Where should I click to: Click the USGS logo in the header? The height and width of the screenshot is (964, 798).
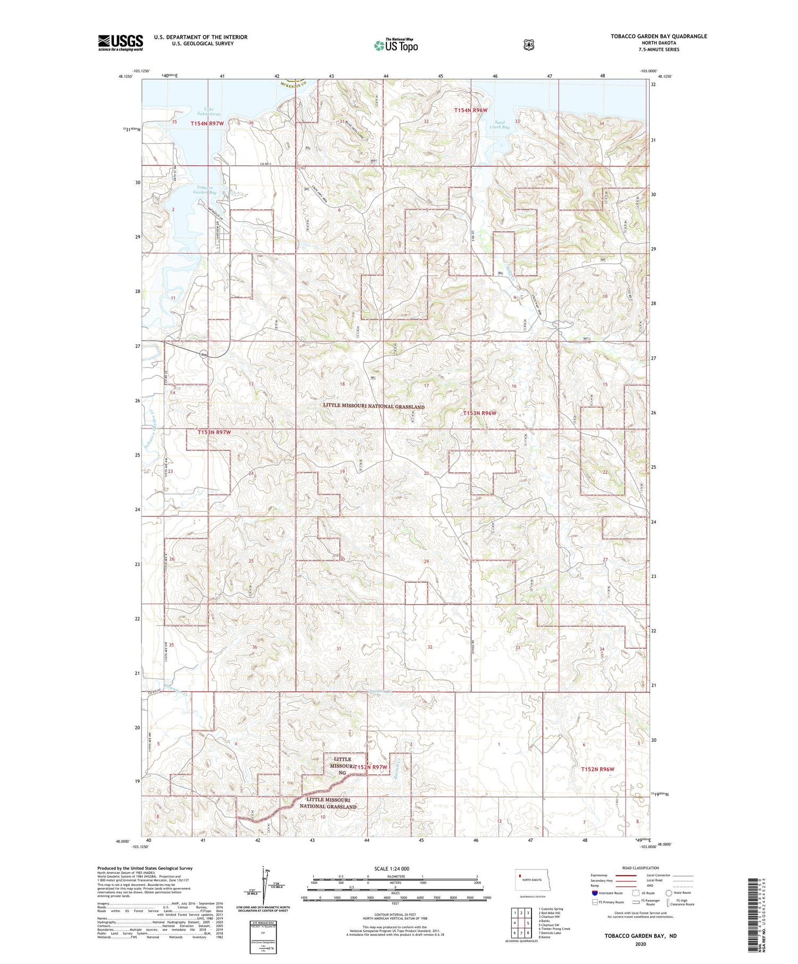pos(120,43)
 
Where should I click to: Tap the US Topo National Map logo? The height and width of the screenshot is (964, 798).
pos(396,45)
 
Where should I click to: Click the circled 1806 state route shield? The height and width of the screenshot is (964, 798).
pos(203,354)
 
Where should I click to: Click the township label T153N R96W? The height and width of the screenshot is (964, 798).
pos(479,413)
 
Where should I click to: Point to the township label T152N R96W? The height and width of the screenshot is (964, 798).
pos(597,769)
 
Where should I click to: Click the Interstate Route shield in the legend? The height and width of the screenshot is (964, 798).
pos(595,893)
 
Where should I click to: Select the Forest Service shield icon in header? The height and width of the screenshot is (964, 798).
pos(528,45)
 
